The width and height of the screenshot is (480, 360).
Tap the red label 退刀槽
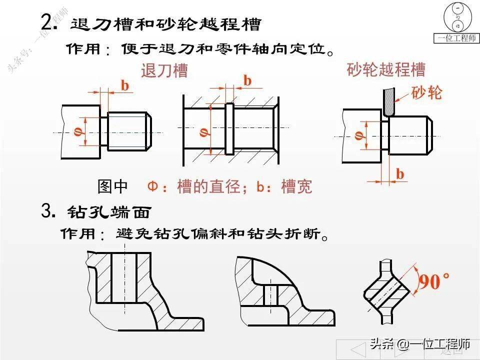pyautogui.click(x=164, y=71)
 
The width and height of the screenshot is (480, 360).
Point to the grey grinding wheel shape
pyautogui.click(x=387, y=102)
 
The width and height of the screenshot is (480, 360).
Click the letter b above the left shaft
pyautogui.click(x=125, y=85)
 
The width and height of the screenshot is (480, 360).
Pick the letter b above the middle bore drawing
pyautogui.click(x=247, y=80)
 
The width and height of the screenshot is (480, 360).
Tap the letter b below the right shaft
pyautogui.click(x=400, y=173)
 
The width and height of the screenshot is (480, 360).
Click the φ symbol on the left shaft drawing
pyautogui.click(x=77, y=132)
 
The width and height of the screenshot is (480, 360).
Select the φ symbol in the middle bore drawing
pyautogui.click(x=202, y=132)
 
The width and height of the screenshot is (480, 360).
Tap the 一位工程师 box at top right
pyautogui.click(x=456, y=38)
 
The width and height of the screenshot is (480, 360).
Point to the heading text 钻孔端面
pyautogui.click(x=108, y=212)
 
